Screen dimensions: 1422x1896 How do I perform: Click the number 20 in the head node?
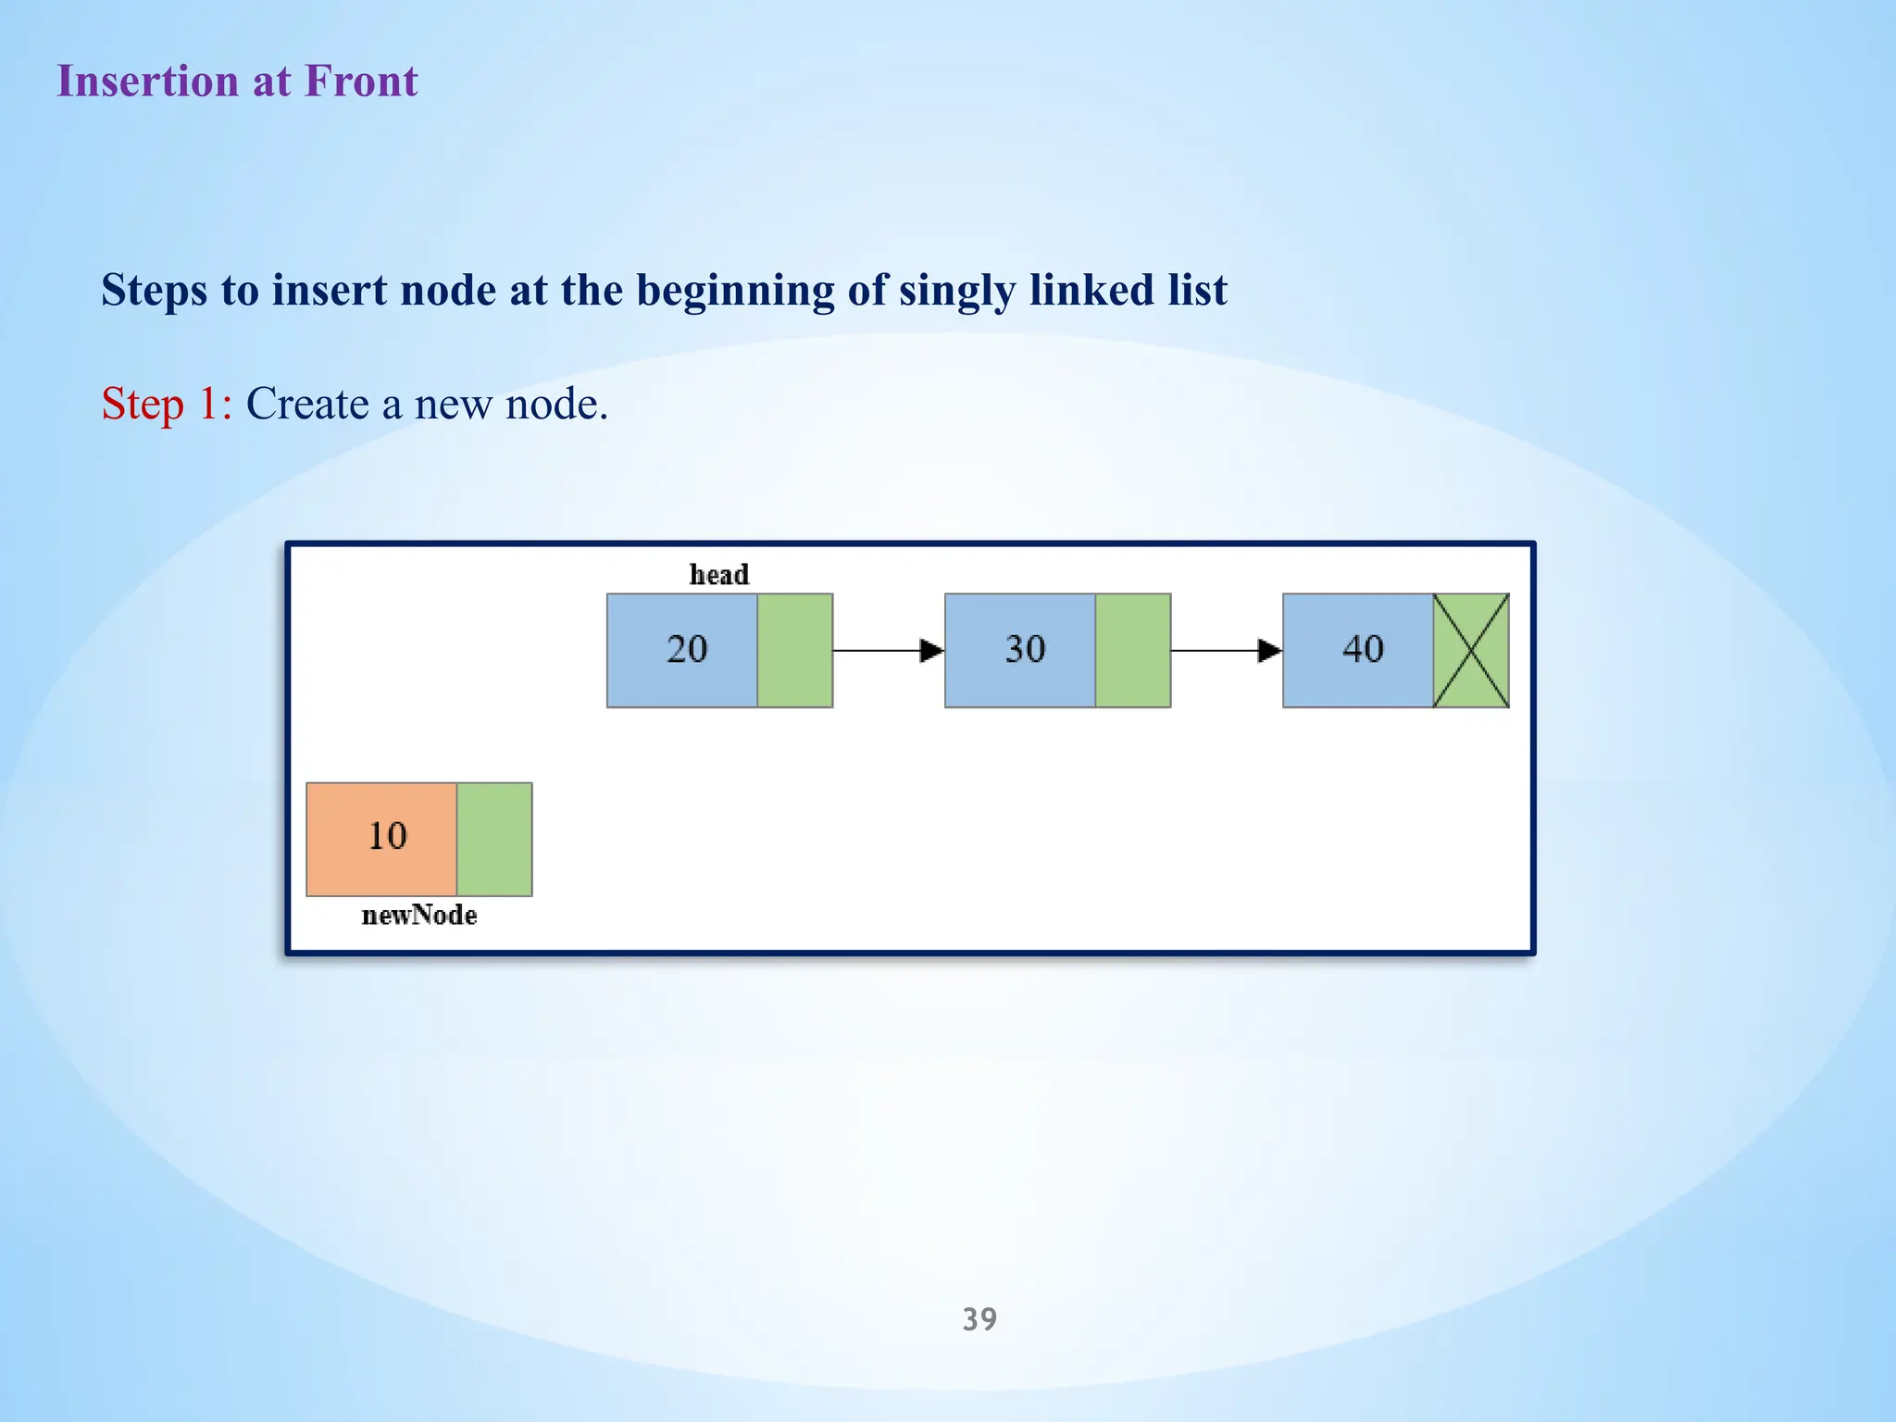[x=687, y=650]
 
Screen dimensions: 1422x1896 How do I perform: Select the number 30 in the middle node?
[x=1025, y=650]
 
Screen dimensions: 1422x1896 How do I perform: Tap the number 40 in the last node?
[x=1363, y=650]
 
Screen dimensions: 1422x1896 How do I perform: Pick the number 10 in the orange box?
[x=387, y=837]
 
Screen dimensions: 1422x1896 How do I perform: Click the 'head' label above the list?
[x=718, y=575]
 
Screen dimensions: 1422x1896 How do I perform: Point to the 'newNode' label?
[x=419, y=916]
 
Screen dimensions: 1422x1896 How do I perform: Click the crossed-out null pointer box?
[x=1471, y=651]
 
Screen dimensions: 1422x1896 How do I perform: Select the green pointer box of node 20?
[x=795, y=651]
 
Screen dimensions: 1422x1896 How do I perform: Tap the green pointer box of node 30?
[x=1133, y=651]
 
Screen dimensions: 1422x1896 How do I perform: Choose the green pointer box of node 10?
[x=494, y=840]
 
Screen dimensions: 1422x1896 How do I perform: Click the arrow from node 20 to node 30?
[x=888, y=651]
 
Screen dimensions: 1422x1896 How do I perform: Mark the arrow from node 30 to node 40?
[x=1226, y=651]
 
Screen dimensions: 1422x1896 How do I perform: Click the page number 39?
[x=979, y=1319]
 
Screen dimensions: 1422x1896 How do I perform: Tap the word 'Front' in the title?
[x=361, y=81]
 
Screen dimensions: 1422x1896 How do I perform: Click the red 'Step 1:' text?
[x=167, y=405]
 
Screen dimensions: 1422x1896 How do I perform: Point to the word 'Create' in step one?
[x=307, y=405]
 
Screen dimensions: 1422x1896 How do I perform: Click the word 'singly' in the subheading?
[x=957, y=292]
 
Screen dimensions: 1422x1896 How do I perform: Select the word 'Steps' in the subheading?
[x=155, y=292]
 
